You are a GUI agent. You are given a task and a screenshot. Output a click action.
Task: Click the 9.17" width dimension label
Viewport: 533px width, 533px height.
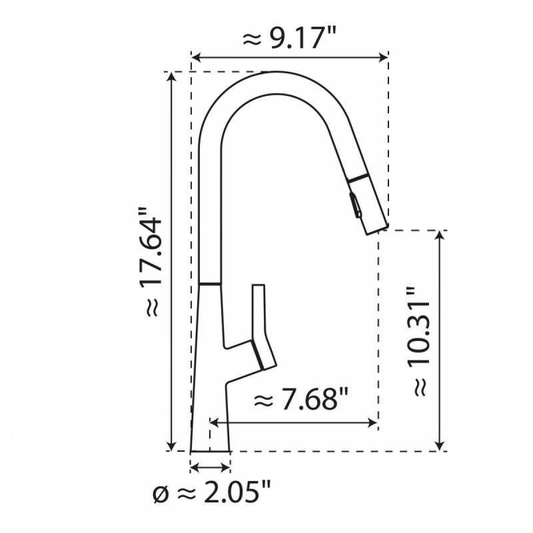point(289,40)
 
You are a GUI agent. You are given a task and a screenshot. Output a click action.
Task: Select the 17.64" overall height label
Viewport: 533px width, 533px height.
point(151,263)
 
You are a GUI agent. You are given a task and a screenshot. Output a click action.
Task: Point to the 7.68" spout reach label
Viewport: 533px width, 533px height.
point(302,400)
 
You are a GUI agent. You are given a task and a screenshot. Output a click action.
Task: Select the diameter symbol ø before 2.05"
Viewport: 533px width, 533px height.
point(161,494)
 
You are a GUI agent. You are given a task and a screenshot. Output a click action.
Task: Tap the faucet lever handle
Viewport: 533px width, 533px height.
point(261,326)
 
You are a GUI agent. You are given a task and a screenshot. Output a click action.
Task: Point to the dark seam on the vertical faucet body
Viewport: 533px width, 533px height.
point(211,284)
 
